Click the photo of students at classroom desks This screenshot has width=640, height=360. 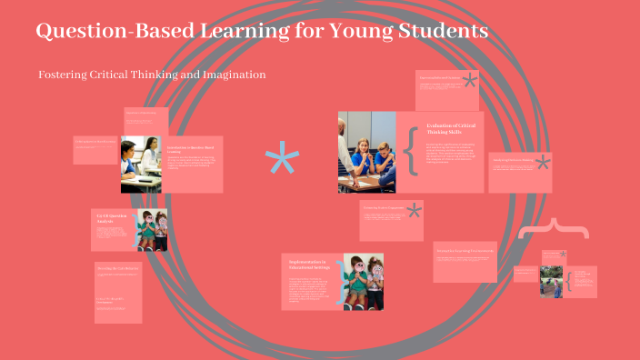[x=140, y=165]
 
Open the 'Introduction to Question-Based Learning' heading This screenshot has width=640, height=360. [x=191, y=149]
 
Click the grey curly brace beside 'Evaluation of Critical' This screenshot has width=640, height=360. [x=411, y=151]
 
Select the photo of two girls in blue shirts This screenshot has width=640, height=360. [x=366, y=152]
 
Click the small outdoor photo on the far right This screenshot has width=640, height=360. [x=552, y=281]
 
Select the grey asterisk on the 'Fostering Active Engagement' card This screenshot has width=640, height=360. [x=415, y=211]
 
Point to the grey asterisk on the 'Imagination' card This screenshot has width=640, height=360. [x=543, y=164]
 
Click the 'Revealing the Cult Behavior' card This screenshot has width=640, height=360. [x=118, y=291]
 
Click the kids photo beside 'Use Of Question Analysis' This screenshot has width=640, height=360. [x=152, y=229]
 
